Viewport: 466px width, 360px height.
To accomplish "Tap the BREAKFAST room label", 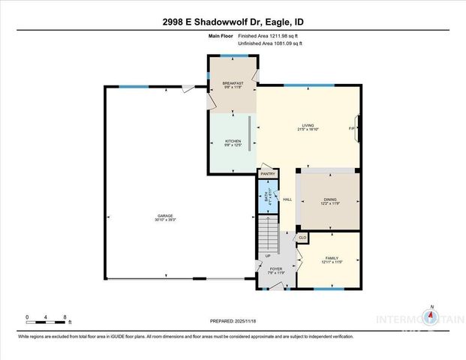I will click(232, 83).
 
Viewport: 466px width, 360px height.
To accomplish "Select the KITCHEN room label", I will click(233, 142).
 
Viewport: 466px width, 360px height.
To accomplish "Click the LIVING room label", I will click(308, 126).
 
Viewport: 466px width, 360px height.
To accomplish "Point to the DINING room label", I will click(329, 199).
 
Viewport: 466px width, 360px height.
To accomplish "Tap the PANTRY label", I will click(268, 174).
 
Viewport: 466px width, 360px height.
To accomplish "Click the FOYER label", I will click(275, 269).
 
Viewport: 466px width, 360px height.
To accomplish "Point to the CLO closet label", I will click(302, 238).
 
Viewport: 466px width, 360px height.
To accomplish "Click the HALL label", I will click(287, 199).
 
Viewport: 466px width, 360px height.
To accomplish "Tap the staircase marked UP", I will click(269, 236).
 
